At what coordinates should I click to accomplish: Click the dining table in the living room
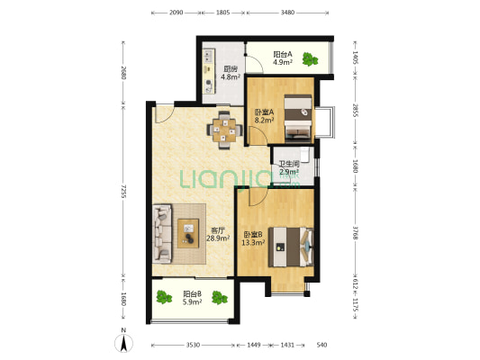tap(225, 130)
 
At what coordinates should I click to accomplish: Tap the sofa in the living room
tap(162, 234)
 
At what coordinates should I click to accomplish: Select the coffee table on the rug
tap(188, 233)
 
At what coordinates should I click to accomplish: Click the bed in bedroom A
tap(298, 119)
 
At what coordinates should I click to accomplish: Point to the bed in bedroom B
tap(291, 247)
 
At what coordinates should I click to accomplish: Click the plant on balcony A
tap(310, 59)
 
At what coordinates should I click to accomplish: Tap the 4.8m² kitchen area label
tap(231, 76)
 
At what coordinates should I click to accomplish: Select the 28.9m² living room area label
tap(218, 238)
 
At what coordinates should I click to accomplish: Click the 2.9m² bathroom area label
tap(289, 172)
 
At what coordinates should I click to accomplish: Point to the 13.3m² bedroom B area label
tap(253, 242)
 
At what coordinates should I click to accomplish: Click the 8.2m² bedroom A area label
tap(264, 120)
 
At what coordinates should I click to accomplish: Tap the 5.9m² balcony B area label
tap(192, 301)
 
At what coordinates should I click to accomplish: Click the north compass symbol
tap(123, 341)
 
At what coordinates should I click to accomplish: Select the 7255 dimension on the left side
tap(123, 191)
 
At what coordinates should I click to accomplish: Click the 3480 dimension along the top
tap(287, 13)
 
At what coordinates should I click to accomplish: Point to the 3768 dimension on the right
tap(355, 233)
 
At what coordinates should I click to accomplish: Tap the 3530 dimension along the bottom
tap(193, 345)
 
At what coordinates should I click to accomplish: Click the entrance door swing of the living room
tap(164, 113)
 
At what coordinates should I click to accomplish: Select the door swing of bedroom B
tap(258, 197)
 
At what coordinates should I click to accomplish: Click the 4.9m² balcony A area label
tap(283, 62)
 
